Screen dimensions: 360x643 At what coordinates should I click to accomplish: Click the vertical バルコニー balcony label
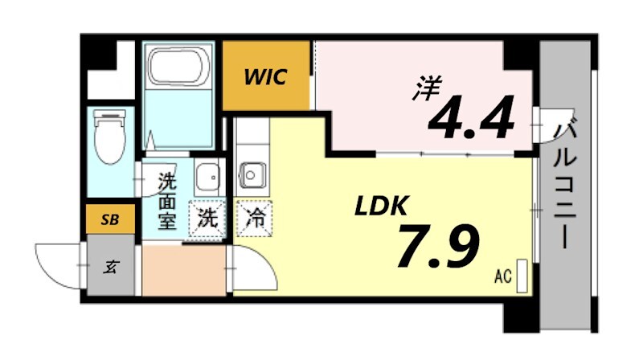pyautogui.click(x=567, y=181)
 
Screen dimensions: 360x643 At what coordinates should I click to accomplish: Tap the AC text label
pyautogui.click(x=503, y=278)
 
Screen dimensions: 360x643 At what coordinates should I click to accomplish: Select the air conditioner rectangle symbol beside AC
pyautogui.click(x=522, y=275)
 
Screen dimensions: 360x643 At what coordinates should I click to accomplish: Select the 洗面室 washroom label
pyautogui.click(x=166, y=201)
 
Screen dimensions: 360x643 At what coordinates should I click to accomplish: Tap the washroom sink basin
pyautogui.click(x=207, y=175)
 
